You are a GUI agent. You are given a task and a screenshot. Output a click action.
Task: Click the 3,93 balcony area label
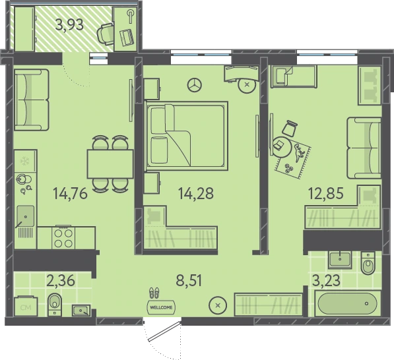point(69,25)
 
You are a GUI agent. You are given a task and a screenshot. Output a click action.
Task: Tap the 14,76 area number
point(71,194)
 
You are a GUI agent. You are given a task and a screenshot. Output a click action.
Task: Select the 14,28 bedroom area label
point(196,193)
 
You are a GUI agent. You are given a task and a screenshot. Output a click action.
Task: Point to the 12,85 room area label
point(326,193)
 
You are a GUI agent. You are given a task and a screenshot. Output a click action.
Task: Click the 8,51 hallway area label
point(189,280)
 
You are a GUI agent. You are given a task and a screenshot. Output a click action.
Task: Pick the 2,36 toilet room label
point(61,280)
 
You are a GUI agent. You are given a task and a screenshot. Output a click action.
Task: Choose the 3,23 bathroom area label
point(327,280)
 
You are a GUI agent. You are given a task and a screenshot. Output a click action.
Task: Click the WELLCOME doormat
point(161,307)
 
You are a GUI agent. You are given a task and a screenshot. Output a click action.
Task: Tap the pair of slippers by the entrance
point(154,293)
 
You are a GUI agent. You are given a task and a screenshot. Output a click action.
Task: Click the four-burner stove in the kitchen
point(63,238)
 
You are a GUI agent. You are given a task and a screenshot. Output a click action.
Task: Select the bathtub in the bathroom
point(348,303)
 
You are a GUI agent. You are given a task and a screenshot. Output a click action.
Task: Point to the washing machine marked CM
point(26,306)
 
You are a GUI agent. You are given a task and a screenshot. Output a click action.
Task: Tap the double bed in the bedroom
point(187,136)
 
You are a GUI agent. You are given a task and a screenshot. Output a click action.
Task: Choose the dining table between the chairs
point(110,164)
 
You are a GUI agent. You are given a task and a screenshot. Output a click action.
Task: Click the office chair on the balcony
point(106,34)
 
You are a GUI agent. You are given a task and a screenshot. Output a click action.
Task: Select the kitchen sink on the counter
point(25,216)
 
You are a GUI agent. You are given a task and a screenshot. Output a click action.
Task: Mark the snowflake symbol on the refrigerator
point(24,160)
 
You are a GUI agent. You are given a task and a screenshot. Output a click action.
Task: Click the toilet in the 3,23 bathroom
point(368,263)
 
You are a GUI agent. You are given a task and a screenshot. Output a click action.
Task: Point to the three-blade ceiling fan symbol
point(195,84)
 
